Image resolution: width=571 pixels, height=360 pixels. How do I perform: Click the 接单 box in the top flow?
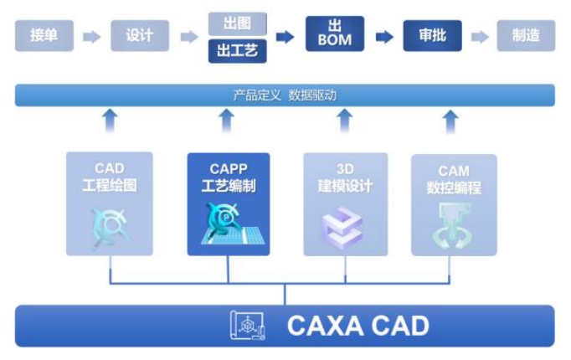pyautogui.click(x=44, y=35)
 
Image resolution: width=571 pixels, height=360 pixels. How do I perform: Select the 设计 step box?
pyautogui.click(x=140, y=35)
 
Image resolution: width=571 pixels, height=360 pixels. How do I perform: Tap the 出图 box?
pyautogui.click(x=237, y=23)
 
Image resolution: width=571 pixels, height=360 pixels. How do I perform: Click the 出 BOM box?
pyautogui.click(x=335, y=34)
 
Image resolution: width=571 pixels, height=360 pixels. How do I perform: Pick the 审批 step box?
pyautogui.click(x=432, y=35)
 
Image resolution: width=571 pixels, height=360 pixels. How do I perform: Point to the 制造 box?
pyautogui.click(x=526, y=35)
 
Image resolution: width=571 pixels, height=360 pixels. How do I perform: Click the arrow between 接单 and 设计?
pyautogui.click(x=92, y=36)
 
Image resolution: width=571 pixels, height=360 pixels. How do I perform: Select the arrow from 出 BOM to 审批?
pyautogui.click(x=384, y=36)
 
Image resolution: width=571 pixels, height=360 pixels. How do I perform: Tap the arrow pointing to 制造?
pyautogui.click(x=480, y=36)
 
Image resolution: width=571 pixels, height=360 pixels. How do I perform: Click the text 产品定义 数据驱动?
pyautogui.click(x=285, y=95)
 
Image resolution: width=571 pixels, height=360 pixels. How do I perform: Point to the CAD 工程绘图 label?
pyautogui.click(x=110, y=178)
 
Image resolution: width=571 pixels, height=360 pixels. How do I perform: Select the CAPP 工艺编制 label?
pyautogui.click(x=229, y=178)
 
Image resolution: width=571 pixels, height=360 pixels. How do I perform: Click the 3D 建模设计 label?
pyautogui.click(x=345, y=178)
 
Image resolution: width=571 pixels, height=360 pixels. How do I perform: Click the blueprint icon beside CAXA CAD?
pyautogui.click(x=248, y=325)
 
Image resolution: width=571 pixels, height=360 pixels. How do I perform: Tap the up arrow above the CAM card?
pyautogui.click(x=450, y=121)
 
